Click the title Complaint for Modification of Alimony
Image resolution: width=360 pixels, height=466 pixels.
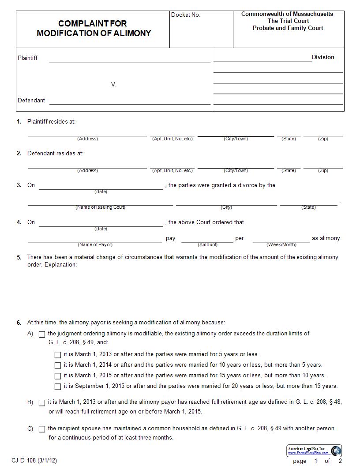[x=94, y=28]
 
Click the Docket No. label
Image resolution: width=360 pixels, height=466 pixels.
[x=186, y=15]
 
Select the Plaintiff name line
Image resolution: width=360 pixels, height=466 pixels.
[x=130, y=59]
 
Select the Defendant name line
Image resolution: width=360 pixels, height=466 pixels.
[x=130, y=101]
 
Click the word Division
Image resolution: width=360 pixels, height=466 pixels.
[x=323, y=57]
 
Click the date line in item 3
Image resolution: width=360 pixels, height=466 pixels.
[x=101, y=187]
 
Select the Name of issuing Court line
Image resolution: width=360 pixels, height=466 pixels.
[x=101, y=203]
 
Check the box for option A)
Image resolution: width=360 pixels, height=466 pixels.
[x=42, y=334]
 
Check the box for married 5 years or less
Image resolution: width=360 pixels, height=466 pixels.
[x=58, y=355]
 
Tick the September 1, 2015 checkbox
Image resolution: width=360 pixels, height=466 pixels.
[x=58, y=387]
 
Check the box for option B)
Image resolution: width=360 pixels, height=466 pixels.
[x=42, y=403]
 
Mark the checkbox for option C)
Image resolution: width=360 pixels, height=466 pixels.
[x=42, y=429]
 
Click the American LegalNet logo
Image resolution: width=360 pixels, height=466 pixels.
[x=315, y=451]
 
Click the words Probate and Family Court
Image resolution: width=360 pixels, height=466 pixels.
[x=288, y=28]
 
